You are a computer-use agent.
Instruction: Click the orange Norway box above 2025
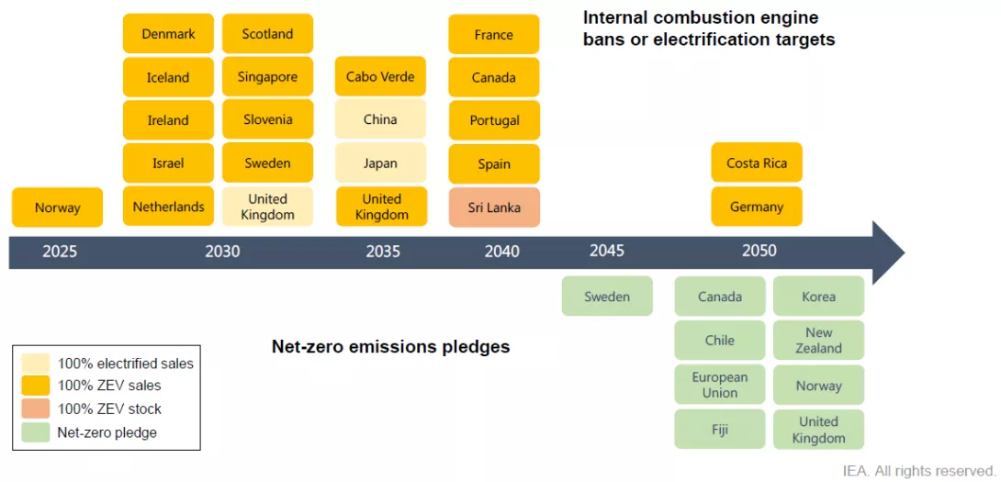(x=58, y=207)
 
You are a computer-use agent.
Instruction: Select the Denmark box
(x=169, y=34)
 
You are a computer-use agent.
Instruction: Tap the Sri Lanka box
(x=494, y=207)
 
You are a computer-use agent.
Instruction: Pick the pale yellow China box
(x=380, y=119)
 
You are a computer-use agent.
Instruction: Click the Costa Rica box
(x=757, y=163)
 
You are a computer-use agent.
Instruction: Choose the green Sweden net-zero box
(x=607, y=297)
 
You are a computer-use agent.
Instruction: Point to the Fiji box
(x=720, y=429)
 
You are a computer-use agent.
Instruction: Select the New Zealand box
(x=818, y=341)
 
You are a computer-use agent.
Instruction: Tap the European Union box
(x=720, y=385)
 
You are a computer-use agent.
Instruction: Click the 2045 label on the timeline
(x=607, y=251)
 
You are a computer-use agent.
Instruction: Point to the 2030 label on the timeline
(x=223, y=252)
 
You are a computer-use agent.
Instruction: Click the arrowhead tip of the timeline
(x=905, y=252)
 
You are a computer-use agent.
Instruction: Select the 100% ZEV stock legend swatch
(x=37, y=408)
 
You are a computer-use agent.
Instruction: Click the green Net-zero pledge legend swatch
(x=37, y=432)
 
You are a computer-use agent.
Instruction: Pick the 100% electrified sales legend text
(x=126, y=364)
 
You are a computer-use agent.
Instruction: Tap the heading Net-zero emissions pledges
(x=390, y=347)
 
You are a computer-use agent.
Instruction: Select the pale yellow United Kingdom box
(x=267, y=207)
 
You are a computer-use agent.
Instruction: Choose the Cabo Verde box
(x=380, y=76)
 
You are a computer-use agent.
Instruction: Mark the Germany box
(x=757, y=207)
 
